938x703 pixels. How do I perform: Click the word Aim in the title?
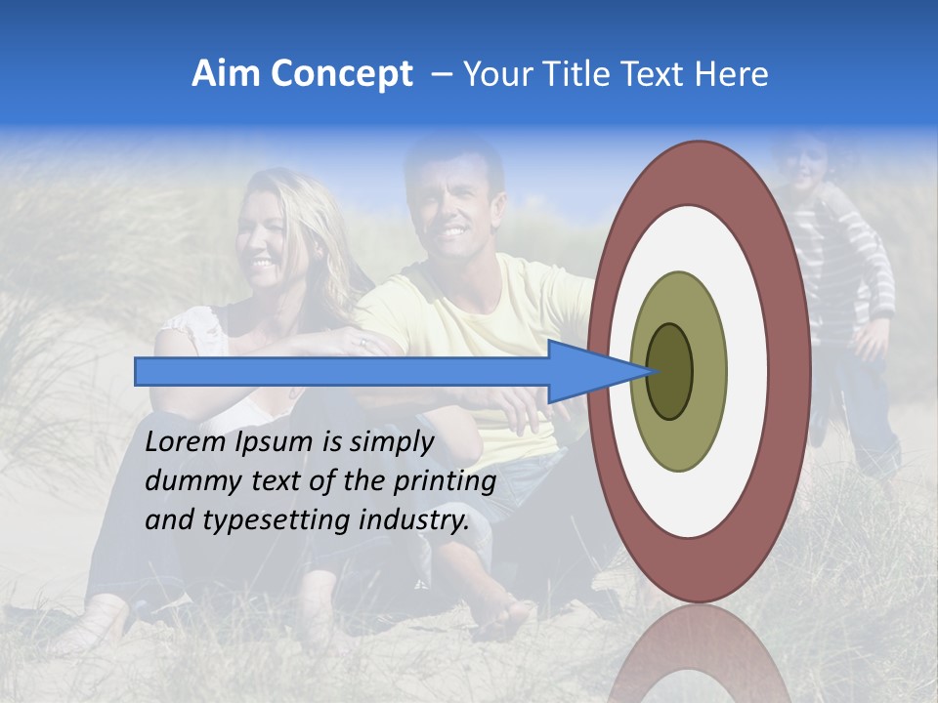point(226,74)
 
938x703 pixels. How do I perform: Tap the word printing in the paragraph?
point(445,481)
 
